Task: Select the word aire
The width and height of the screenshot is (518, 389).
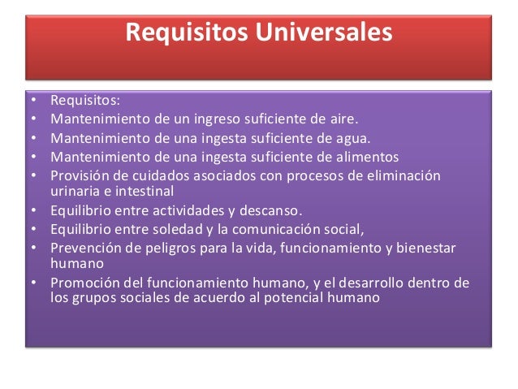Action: [x=342, y=119]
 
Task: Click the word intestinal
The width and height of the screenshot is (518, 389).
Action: [x=143, y=191]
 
